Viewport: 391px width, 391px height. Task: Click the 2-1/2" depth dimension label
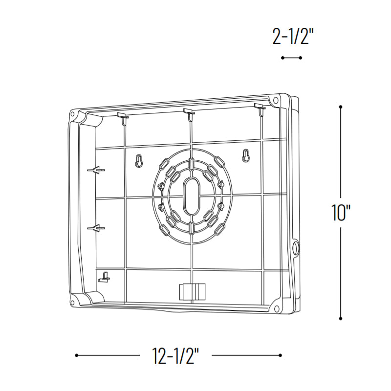tap(293, 36)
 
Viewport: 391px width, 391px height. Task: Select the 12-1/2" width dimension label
tap(175, 355)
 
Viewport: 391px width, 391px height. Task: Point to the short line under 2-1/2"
tap(291, 58)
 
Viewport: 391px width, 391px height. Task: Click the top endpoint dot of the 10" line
tap(341, 107)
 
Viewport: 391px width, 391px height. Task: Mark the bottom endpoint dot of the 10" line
tap(341, 319)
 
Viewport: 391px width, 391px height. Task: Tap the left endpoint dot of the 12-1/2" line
tap(77, 355)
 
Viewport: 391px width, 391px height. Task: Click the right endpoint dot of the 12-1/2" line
tap(280, 355)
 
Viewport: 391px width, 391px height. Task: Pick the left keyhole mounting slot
tap(139, 161)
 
